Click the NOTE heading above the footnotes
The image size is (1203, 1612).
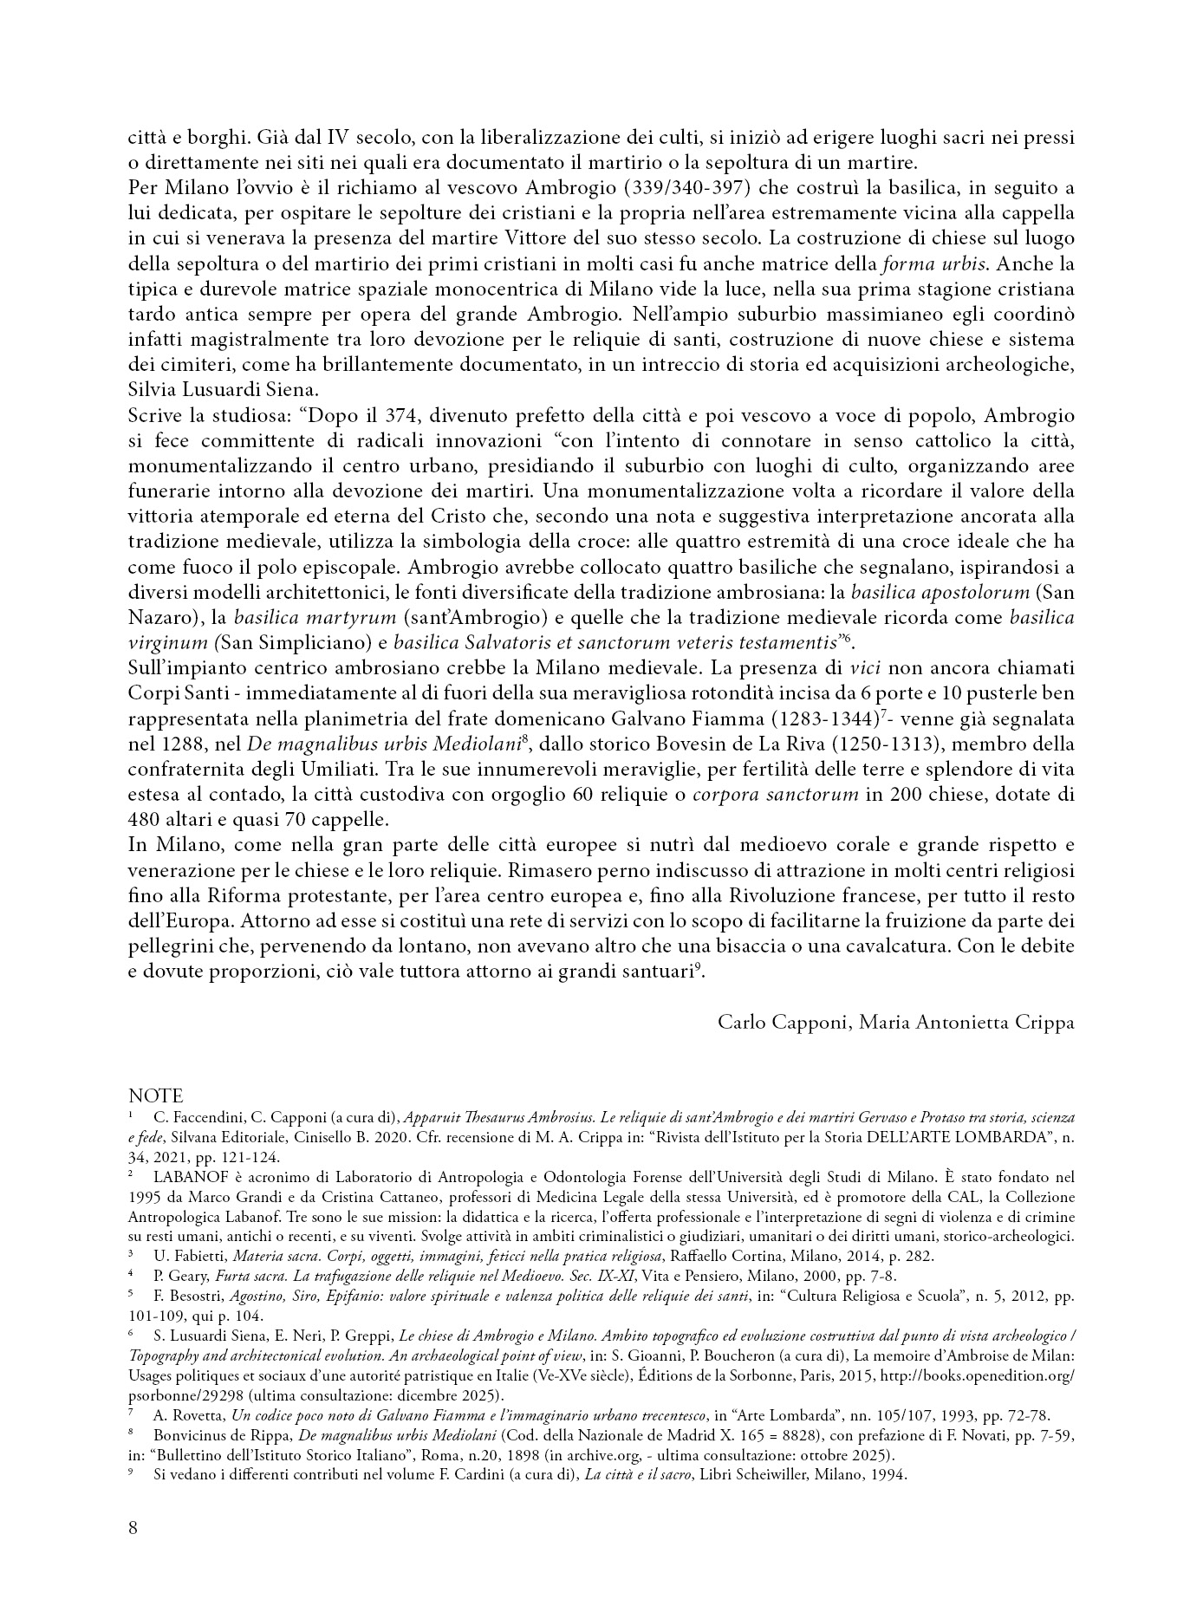(x=155, y=1096)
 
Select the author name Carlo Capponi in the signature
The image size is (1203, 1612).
(x=783, y=1022)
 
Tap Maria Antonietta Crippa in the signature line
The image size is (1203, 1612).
(x=967, y=1022)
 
